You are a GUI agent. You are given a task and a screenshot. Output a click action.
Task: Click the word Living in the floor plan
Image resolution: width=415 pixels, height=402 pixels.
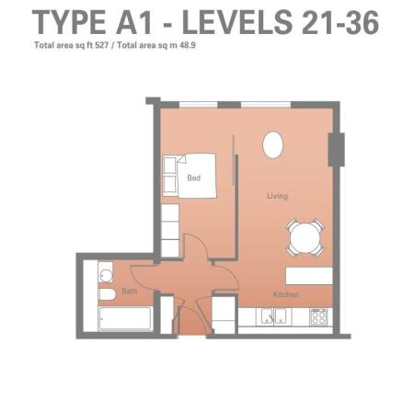(277, 196)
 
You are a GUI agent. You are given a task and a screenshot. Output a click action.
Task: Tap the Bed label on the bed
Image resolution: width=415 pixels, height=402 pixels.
(194, 178)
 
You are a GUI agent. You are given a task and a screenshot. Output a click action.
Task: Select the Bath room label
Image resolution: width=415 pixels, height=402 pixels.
(130, 291)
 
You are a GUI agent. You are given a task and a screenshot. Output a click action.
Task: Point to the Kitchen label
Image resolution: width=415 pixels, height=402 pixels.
(286, 294)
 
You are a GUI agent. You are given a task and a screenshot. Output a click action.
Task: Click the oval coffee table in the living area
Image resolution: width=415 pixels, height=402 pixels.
(273, 145)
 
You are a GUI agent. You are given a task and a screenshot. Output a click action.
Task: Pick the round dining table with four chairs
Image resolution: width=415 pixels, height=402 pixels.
(305, 237)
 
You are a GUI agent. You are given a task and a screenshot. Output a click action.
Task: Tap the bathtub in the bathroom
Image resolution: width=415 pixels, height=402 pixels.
(125, 318)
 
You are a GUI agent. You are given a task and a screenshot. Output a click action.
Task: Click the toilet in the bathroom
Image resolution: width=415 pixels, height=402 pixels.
(107, 294)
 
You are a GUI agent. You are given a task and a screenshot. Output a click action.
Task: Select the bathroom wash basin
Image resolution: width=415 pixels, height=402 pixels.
(106, 275)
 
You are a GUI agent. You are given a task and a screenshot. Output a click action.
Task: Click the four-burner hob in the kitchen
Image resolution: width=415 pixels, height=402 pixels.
(319, 316)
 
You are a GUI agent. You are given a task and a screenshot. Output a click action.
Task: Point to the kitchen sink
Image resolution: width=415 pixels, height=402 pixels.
(274, 316)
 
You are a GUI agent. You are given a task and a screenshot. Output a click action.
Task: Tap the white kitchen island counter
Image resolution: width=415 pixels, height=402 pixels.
(309, 276)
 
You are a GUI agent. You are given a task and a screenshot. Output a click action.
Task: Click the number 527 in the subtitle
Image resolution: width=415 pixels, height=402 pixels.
(102, 45)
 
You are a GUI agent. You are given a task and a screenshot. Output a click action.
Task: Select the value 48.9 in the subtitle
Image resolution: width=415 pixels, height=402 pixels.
(188, 45)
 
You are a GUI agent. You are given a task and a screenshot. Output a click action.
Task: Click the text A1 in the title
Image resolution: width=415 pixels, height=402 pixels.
(134, 22)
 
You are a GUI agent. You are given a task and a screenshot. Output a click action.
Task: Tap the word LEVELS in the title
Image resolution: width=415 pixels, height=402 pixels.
(237, 22)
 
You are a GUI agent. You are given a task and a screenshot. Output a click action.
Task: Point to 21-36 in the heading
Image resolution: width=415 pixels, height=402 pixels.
(340, 22)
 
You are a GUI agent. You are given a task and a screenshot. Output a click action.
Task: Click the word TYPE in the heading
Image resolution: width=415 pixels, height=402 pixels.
(69, 22)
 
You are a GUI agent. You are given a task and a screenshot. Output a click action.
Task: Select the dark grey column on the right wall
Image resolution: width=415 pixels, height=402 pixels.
(337, 150)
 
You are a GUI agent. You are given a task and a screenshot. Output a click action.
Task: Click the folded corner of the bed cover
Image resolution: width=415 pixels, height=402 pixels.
(181, 159)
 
